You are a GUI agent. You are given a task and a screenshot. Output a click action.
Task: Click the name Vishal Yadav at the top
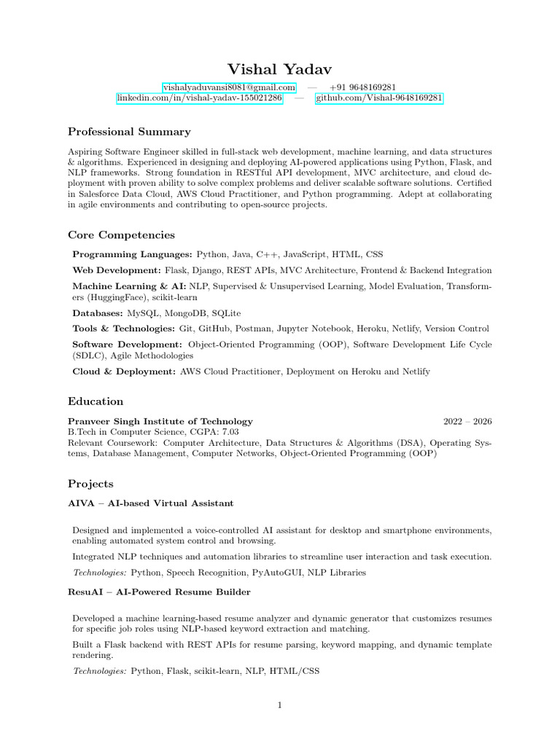[279, 69]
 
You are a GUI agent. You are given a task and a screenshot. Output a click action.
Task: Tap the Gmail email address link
[228, 87]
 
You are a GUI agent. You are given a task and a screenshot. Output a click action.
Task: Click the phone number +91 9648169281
[362, 87]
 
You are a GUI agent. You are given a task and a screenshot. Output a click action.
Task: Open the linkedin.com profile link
[199, 98]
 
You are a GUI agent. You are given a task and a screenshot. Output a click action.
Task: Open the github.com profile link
[378, 98]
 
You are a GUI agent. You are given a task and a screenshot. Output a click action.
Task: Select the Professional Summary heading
[129, 132]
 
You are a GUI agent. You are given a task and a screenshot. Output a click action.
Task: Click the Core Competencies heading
[121, 235]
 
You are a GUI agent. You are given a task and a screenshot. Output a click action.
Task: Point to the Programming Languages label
[132, 254]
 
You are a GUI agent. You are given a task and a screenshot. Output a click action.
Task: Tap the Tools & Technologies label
[123, 329]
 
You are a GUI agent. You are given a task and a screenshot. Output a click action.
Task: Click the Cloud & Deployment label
[124, 372]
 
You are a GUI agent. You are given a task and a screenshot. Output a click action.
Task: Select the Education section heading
[96, 401]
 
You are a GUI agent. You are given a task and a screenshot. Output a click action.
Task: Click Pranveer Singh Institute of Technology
[160, 421]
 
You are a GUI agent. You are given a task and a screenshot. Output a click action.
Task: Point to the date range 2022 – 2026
[467, 421]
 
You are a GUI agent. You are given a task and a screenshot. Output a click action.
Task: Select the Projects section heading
[90, 484]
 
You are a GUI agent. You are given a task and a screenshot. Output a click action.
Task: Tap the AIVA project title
[150, 503]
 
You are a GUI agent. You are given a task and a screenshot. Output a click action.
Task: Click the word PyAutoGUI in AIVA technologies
[277, 573]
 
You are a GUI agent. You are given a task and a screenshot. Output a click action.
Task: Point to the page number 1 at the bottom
[280, 705]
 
